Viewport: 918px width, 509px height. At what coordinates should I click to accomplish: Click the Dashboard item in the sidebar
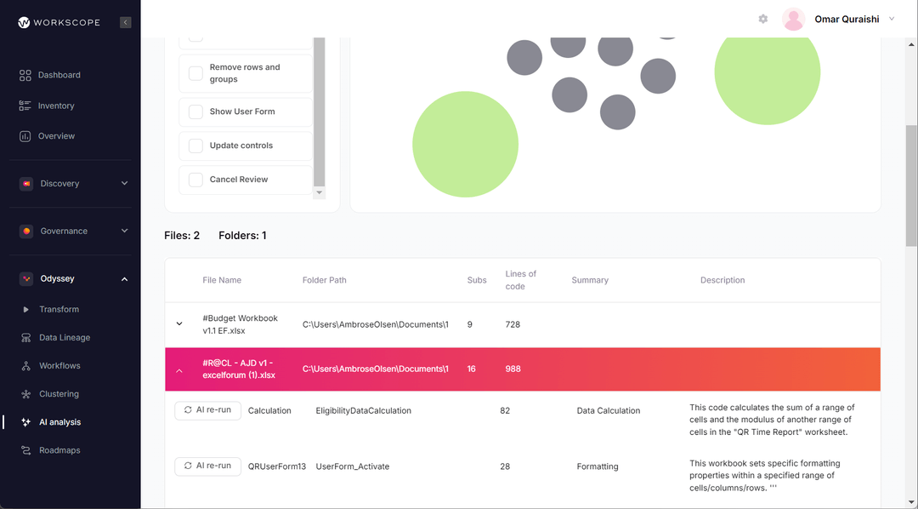pos(59,75)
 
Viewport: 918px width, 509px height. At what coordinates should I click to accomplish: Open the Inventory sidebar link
pos(56,106)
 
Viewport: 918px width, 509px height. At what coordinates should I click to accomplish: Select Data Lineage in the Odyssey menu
pos(64,338)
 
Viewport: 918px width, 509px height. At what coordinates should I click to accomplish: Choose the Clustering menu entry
pos(59,394)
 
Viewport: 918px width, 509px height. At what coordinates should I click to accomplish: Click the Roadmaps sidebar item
pos(59,450)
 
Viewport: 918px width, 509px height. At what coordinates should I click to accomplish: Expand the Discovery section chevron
pos(124,184)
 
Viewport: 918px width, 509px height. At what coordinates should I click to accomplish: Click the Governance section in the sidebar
pos(64,232)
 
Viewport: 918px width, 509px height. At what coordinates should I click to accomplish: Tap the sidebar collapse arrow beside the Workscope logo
pos(126,22)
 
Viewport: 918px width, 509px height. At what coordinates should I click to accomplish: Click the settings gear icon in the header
pos(763,19)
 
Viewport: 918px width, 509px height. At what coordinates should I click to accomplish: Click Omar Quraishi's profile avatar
pos(793,20)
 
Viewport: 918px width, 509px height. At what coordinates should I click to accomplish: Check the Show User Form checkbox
pos(195,112)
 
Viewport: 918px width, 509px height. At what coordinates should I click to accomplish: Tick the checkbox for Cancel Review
pos(195,180)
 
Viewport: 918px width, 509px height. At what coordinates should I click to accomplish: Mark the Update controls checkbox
pos(195,146)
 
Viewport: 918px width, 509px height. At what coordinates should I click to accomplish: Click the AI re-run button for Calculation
pos(207,410)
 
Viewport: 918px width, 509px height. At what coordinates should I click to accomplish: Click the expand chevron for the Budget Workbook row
pos(179,324)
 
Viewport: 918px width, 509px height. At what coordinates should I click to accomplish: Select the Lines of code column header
pos(520,280)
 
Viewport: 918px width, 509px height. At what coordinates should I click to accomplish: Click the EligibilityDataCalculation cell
pos(363,411)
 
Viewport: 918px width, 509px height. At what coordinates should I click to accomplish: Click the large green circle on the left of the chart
pos(465,145)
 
